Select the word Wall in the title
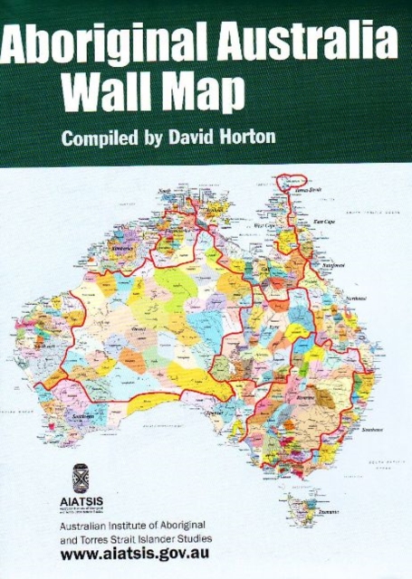104,90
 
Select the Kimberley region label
123,246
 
